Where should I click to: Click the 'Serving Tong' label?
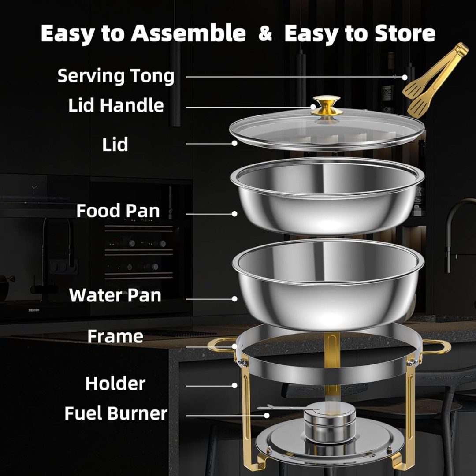pos(115,76)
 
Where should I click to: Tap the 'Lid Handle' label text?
pos(116,105)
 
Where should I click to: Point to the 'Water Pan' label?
pos(115,295)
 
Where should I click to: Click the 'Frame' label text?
pos(115,336)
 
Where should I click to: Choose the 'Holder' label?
pos(115,383)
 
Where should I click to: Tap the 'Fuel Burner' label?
pos(115,413)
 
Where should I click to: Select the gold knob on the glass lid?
pos(326,106)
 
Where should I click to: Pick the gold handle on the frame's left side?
pos(222,345)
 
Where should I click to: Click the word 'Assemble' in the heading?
pos(188,33)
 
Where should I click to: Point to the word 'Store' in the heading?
pos(405,33)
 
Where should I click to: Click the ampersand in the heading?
pos(265,33)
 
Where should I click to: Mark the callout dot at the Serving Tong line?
pos(405,78)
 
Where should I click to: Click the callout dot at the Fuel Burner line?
pos(267,415)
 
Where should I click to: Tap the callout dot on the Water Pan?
pos(234,299)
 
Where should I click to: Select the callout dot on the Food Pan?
pos(234,214)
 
